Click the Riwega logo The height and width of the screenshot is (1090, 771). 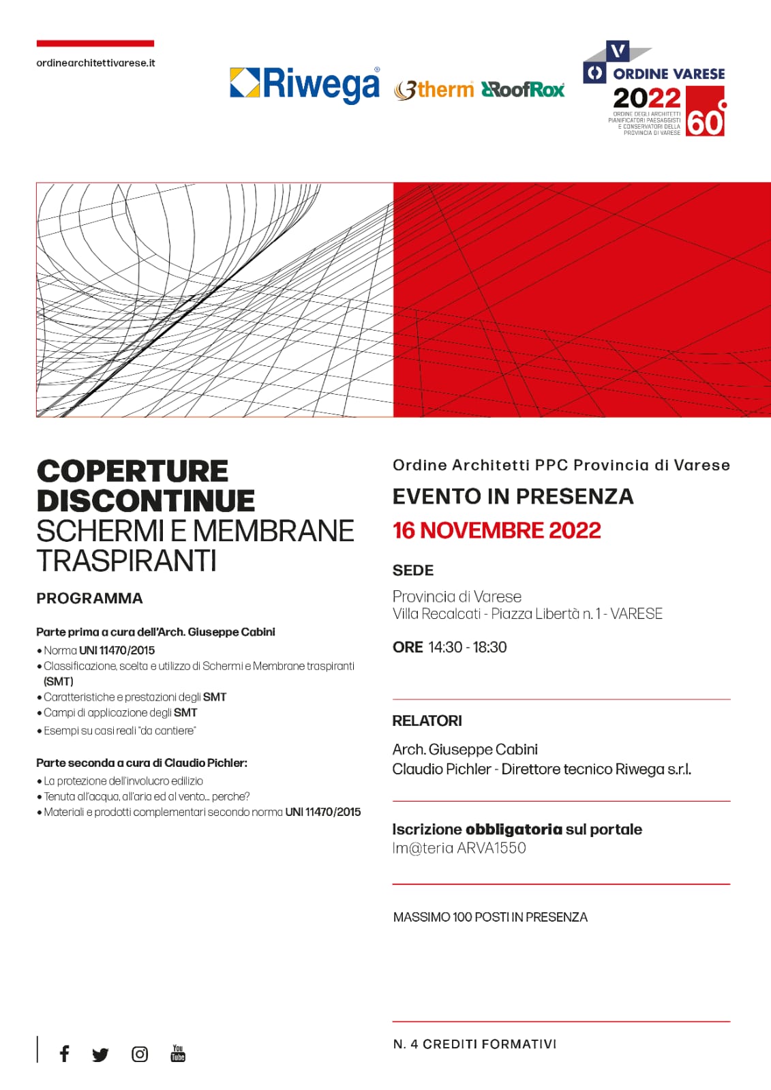[x=305, y=85]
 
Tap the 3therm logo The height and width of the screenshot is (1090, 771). [x=434, y=89]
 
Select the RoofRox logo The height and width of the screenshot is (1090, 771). [x=523, y=89]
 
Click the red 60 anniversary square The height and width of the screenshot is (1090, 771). [x=705, y=112]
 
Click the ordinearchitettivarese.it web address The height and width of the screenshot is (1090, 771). [x=95, y=63]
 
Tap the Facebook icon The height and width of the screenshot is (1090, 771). [x=64, y=1054]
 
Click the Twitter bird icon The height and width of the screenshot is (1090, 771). [x=100, y=1055]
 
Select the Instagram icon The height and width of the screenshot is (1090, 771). [x=139, y=1054]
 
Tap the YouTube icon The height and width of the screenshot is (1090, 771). [x=178, y=1053]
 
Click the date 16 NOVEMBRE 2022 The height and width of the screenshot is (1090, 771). [x=496, y=530]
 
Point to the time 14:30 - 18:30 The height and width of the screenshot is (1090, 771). [x=467, y=647]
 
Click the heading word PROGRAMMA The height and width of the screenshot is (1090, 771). [x=89, y=598]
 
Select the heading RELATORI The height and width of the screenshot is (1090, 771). [x=427, y=721]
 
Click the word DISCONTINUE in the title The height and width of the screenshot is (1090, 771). [x=145, y=501]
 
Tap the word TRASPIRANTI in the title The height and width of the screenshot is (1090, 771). [x=126, y=560]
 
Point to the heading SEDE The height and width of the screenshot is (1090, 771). [x=412, y=570]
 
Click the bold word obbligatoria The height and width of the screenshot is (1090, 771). [x=513, y=829]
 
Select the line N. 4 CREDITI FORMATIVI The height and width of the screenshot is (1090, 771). [x=474, y=1044]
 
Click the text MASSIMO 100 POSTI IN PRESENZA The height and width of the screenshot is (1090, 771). [x=490, y=917]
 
